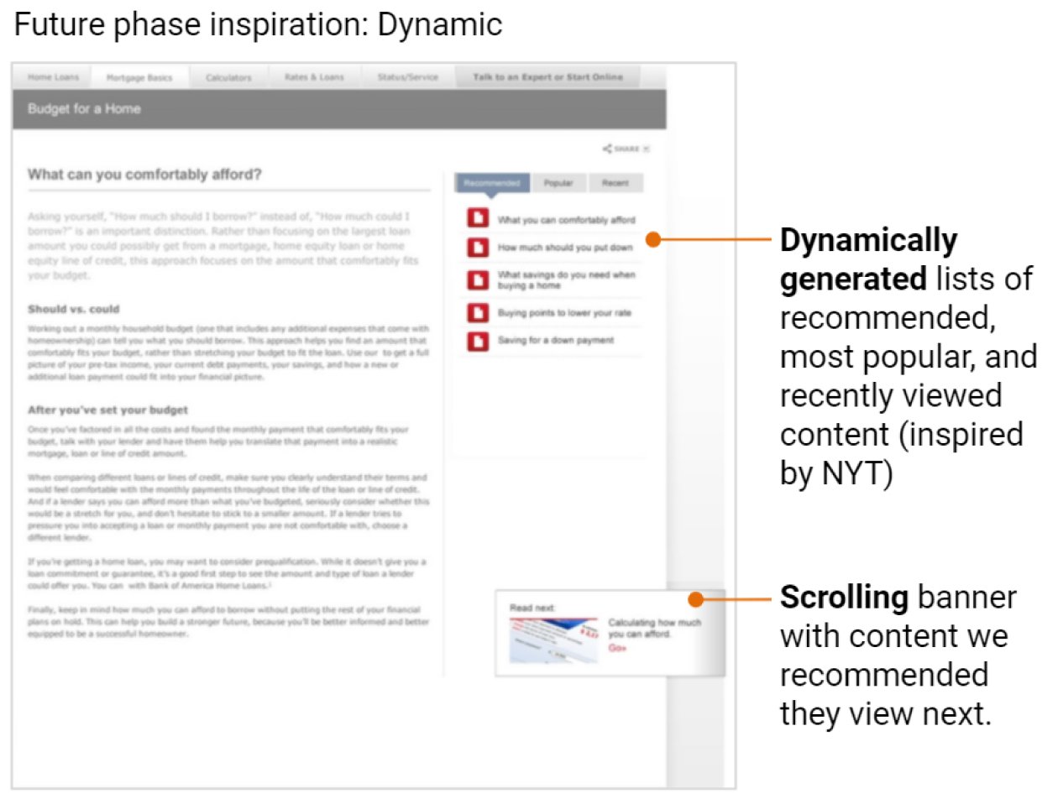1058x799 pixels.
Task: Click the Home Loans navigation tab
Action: tap(53, 77)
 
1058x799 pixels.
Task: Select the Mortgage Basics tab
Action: tap(139, 78)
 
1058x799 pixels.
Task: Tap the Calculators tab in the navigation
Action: tap(228, 77)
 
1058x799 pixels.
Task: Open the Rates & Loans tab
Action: tap(315, 77)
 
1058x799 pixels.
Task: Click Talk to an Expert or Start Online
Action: tap(547, 77)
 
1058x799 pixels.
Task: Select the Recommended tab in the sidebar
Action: tap(492, 182)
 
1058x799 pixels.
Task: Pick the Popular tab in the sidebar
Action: tap(558, 182)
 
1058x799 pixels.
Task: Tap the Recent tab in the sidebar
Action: tap(615, 182)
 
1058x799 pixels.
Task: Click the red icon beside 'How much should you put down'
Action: tap(477, 248)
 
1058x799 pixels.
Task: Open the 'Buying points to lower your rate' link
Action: tap(564, 313)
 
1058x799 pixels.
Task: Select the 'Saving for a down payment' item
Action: tap(555, 340)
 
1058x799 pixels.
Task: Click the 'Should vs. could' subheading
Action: tap(73, 309)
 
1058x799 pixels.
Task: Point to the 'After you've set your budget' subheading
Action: tap(107, 410)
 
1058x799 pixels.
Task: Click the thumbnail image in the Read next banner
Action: tap(553, 640)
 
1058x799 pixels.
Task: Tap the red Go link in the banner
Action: tap(617, 648)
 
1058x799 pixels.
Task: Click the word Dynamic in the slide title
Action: tap(440, 25)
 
